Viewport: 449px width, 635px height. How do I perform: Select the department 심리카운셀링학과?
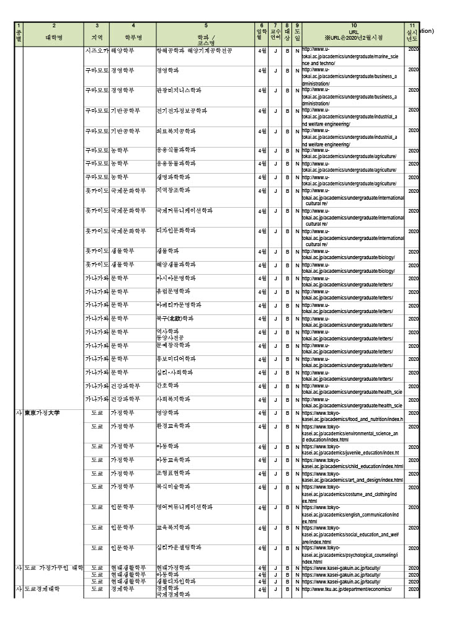(x=179, y=548)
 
